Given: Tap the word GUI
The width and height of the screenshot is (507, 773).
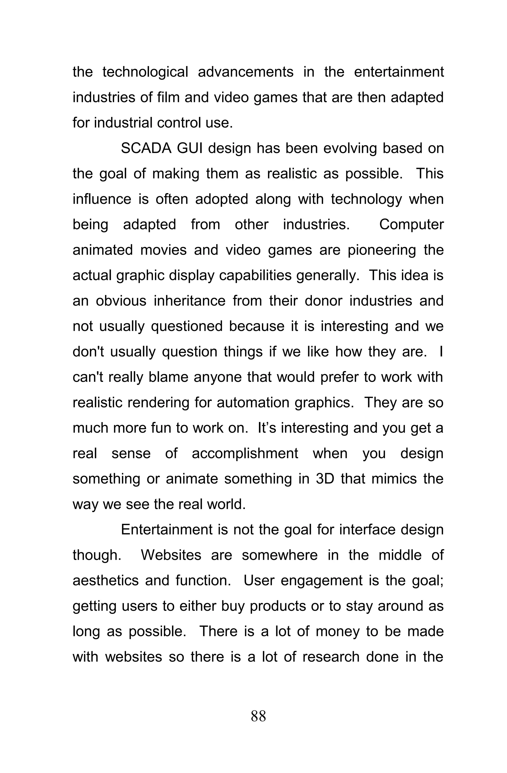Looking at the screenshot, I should (189, 148).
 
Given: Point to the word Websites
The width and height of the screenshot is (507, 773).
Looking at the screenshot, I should (171, 555).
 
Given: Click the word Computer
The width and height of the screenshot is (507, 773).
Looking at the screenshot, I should (411, 225).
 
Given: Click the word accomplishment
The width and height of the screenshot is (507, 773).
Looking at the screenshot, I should (245, 453).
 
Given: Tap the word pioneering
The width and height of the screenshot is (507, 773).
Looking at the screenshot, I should (382, 250).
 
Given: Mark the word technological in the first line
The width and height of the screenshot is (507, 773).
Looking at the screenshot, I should (145, 72).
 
